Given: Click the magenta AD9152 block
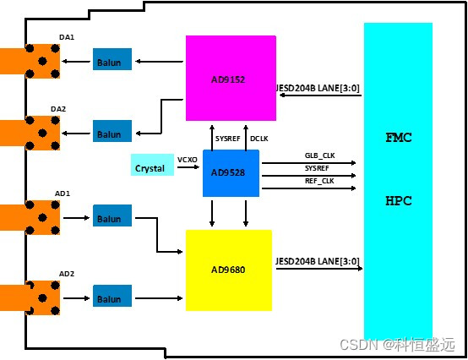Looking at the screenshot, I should tap(231, 78).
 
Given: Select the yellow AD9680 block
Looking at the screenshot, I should tap(229, 269).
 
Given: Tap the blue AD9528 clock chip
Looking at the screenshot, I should tap(231, 172).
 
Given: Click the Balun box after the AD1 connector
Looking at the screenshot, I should tap(112, 218).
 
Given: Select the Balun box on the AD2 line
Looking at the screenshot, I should tap(112, 297).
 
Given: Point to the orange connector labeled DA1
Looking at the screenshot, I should tap(30, 60).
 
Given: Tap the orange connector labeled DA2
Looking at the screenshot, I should tap(30, 133).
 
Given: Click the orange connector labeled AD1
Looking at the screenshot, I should tap(30, 218).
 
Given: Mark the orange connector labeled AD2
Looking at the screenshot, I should tap(30, 297).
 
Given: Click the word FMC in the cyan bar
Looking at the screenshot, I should tap(398, 137).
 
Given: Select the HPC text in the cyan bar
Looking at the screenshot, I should tap(398, 204).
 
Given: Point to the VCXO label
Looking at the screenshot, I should tap(188, 158).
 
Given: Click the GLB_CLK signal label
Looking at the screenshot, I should tap(320, 156).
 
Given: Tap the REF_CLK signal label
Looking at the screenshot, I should tap(319, 181).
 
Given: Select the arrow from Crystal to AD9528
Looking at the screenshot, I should tap(188, 167).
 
